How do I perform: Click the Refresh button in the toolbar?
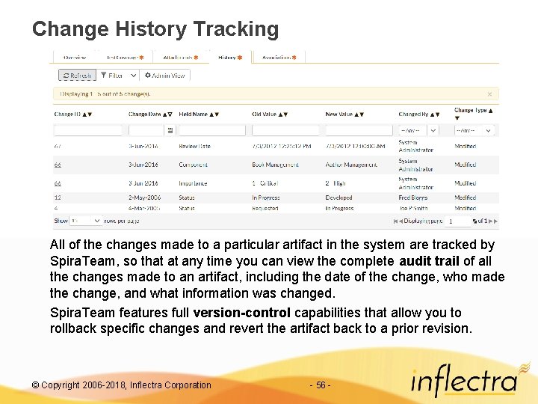(x=77, y=76)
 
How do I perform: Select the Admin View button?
(x=165, y=76)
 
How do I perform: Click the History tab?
(x=229, y=57)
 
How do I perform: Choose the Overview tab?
(x=74, y=57)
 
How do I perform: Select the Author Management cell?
(x=351, y=165)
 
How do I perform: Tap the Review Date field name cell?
(x=194, y=147)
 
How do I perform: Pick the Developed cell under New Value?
(x=338, y=198)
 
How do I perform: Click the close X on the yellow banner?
(x=489, y=94)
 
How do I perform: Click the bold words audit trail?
(x=430, y=261)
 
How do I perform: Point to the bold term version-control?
(x=244, y=313)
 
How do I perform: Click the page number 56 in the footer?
(x=320, y=385)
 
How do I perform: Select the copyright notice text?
(x=122, y=385)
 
